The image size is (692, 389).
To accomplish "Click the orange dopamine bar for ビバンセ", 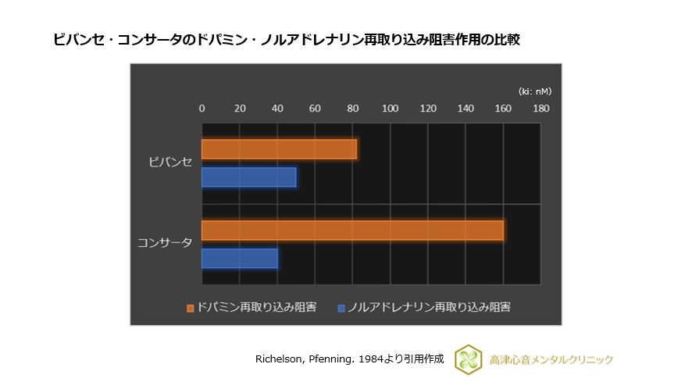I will click(x=279, y=149).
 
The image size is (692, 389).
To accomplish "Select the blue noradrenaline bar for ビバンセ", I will click(x=248, y=177).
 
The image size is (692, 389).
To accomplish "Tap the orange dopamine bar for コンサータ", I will click(x=352, y=230).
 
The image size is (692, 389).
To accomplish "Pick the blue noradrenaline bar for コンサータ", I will click(x=239, y=259).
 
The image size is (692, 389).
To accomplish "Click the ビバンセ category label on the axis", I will click(x=170, y=162).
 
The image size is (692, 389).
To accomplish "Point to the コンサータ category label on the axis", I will click(x=164, y=243).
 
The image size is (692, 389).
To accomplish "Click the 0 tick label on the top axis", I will click(x=202, y=109).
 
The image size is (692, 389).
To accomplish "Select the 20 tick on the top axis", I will click(x=240, y=109).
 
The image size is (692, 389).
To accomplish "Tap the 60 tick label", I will click(x=315, y=109).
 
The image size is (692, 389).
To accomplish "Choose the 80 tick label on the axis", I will click(x=352, y=109).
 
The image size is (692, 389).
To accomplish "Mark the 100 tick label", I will click(x=390, y=109).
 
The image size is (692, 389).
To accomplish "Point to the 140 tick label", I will click(x=465, y=109).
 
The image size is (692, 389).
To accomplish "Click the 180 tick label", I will click(x=540, y=109).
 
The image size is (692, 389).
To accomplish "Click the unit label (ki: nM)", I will click(x=534, y=91).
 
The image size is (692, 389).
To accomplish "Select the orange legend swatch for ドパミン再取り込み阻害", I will click(x=190, y=308).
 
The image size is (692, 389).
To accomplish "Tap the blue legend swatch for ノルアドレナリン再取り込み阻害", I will click(x=341, y=308).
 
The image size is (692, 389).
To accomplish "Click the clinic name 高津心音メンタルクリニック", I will click(x=551, y=359).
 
